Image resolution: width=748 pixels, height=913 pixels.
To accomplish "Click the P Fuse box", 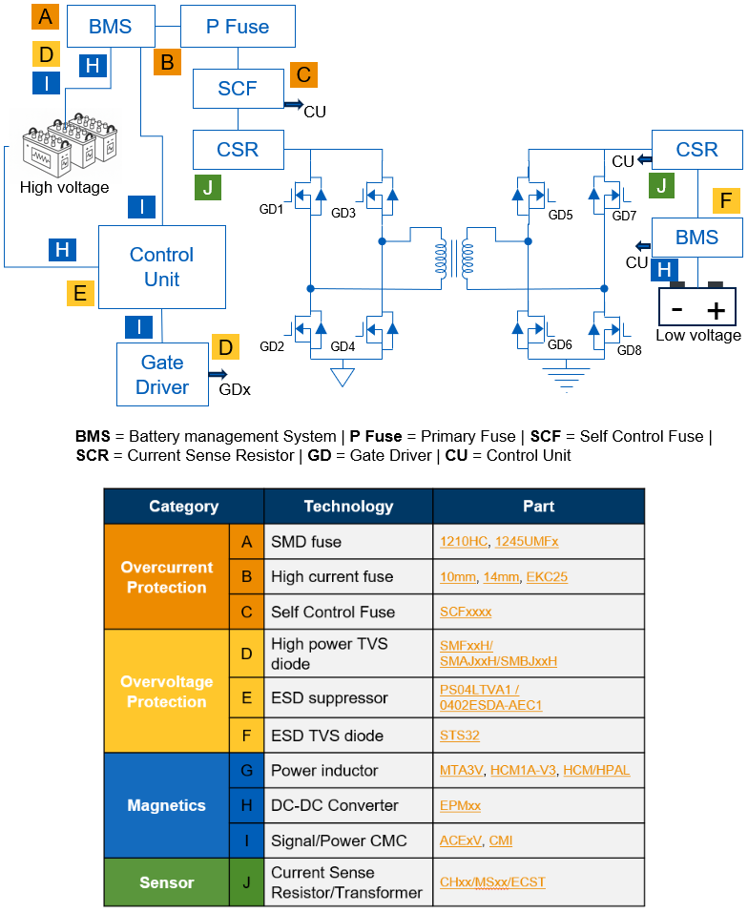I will pos(238,27).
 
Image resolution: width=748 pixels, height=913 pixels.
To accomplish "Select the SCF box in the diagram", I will pos(238,89).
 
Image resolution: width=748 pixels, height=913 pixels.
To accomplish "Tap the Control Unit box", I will pos(162,267).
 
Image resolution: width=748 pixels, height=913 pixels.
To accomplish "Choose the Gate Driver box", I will pos(162,375).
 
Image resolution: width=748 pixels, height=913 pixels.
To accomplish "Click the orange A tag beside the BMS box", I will pos(44,16).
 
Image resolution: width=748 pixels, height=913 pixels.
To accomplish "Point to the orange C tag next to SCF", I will pos(303,74).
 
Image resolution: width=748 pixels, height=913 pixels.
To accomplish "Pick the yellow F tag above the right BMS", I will pos(727,200).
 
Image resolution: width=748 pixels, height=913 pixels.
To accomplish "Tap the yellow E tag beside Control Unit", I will pos(80,292).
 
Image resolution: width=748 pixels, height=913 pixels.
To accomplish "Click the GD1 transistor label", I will pos(272,209).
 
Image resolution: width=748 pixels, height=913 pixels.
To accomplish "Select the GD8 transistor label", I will pos(629,351).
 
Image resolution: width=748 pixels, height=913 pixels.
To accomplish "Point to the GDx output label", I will pos(236,390).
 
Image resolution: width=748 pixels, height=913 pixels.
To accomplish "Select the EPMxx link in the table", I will pos(460,805).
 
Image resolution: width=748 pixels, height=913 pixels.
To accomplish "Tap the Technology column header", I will pos(348,507).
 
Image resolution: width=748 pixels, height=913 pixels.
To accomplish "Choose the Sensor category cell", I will pos(166,882).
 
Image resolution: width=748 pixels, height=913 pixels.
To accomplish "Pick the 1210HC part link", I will pos(463,542).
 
